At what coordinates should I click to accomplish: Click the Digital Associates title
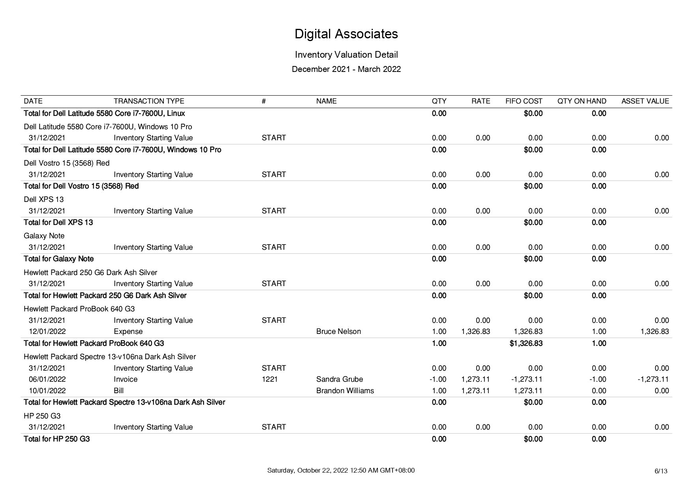346,34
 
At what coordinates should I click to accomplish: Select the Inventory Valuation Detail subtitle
346,55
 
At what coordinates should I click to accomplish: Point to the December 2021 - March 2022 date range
346,69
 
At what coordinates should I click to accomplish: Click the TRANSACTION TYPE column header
149,101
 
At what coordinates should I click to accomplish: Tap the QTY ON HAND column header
582,101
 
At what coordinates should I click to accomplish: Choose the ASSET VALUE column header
645,101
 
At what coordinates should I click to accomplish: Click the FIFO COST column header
524,101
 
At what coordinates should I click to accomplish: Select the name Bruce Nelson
338,332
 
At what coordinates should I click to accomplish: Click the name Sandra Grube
340,379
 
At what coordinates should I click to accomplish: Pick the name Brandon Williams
345,391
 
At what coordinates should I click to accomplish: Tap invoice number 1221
270,379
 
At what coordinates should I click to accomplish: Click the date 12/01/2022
47,332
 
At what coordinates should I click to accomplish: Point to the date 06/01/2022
47,379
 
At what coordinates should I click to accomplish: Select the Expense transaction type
128,332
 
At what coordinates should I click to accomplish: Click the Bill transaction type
119,391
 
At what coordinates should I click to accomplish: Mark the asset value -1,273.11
653,379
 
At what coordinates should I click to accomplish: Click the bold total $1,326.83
526,343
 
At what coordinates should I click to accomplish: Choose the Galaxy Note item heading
44,236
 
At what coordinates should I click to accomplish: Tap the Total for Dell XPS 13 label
58,222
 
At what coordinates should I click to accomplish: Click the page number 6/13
661,471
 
